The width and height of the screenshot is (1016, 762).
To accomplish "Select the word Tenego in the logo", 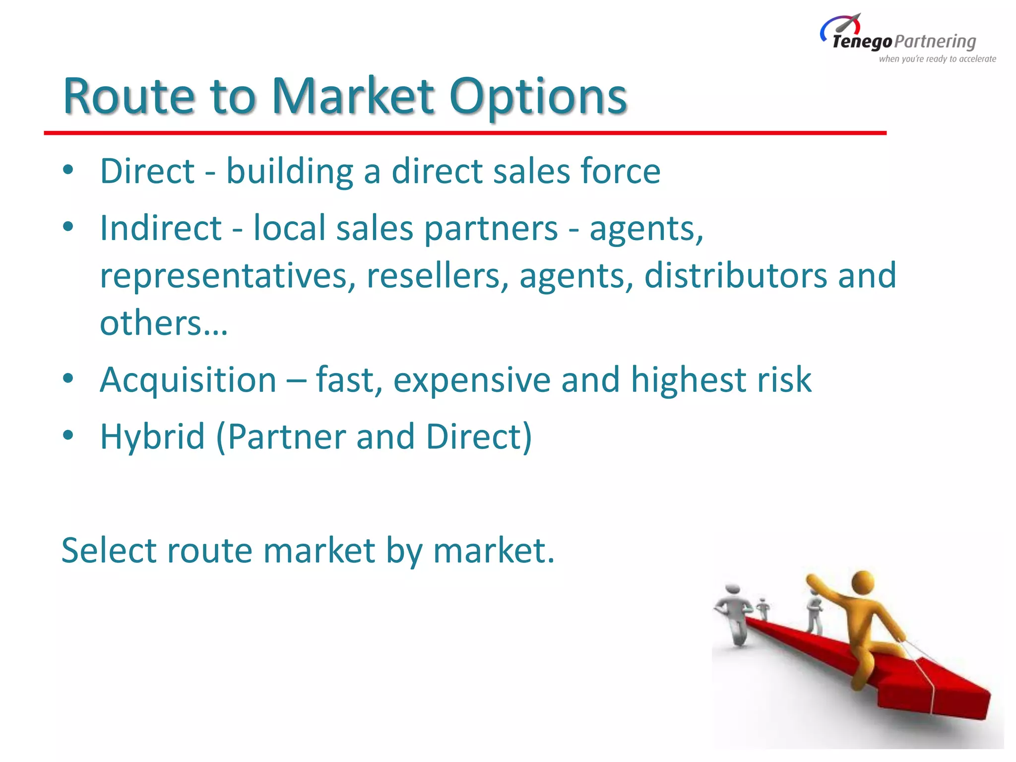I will tap(862, 42).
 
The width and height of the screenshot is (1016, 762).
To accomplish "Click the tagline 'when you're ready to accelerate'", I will tap(937, 59).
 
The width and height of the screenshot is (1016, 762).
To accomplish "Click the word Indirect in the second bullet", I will tap(160, 228).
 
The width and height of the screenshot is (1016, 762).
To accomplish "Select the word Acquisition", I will tap(188, 380).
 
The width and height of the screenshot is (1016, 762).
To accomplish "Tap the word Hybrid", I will tap(152, 437).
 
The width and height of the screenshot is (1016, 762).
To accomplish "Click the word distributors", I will tap(735, 275).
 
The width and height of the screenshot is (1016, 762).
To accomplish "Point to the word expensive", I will tap(472, 380).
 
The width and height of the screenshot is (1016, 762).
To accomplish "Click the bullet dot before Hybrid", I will tap(68, 436).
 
